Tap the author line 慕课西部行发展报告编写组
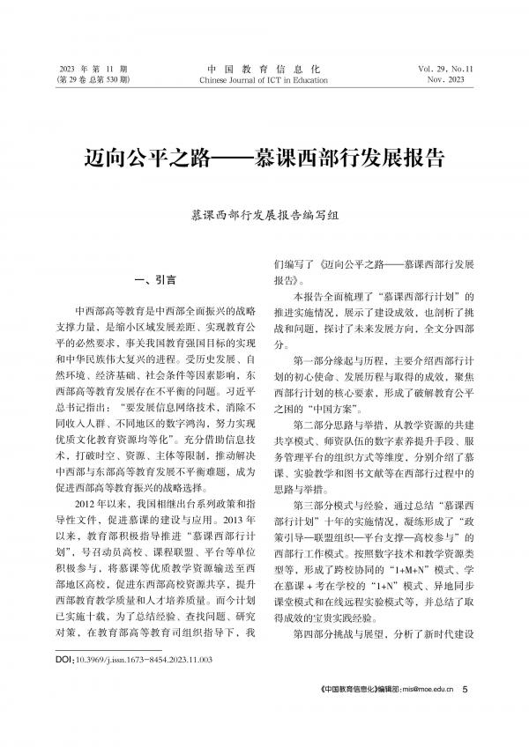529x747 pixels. coord(264,215)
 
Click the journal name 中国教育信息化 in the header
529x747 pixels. coord(264,68)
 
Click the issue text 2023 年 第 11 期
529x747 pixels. coord(93,68)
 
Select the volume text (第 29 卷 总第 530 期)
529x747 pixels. coord(93,79)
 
